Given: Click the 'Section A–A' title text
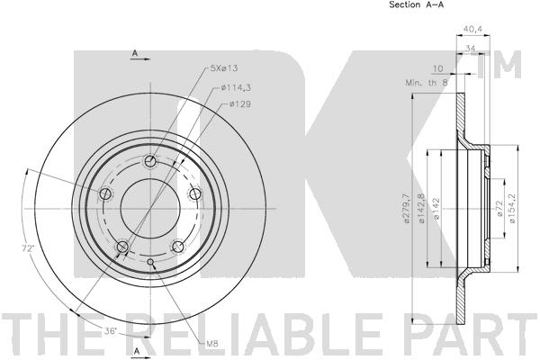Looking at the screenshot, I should point(417,5).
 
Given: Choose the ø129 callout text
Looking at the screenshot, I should point(238,104).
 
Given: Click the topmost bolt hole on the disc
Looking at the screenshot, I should point(150,162).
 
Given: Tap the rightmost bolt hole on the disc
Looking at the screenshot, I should point(193,193).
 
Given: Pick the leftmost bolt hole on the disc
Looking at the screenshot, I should point(106,193).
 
